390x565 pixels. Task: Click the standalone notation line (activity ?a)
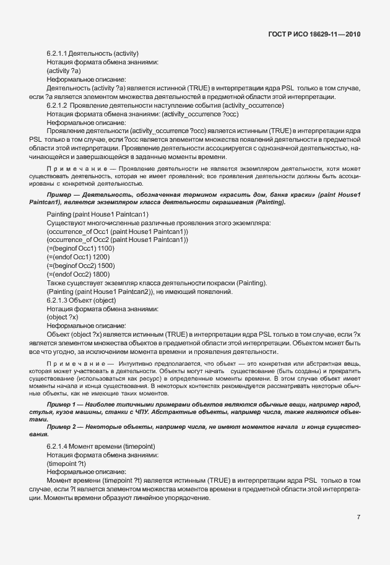pyautogui.click(x=64, y=71)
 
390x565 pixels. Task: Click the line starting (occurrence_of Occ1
pyautogui.click(x=108, y=231)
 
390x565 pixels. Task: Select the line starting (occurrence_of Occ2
pyautogui.click(x=108, y=239)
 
